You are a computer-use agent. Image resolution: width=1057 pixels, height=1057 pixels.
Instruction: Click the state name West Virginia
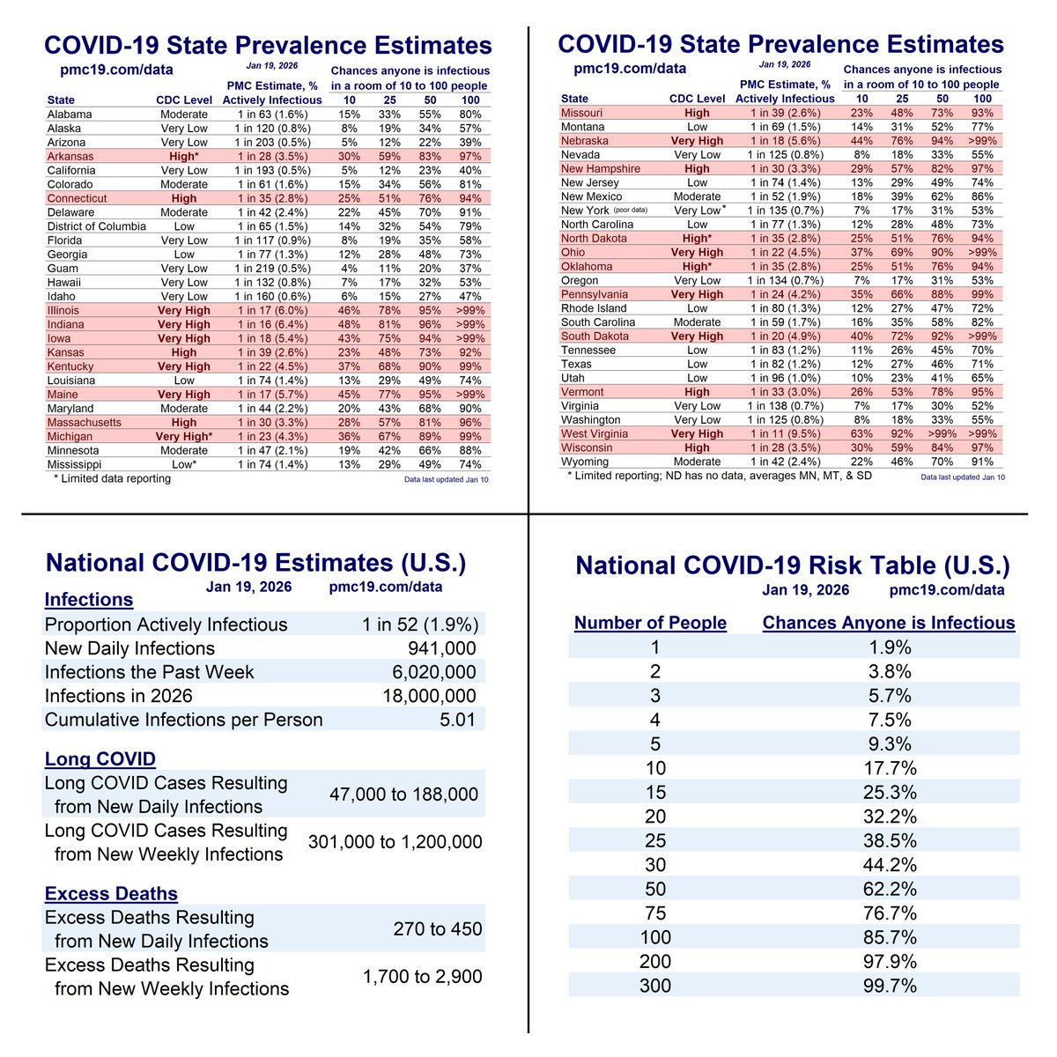click(x=595, y=434)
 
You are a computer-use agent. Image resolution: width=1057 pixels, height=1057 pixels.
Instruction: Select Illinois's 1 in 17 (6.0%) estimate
click(x=271, y=311)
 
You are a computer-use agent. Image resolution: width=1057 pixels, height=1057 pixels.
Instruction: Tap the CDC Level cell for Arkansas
click(x=184, y=157)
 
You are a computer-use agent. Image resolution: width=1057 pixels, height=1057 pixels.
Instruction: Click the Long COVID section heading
click(x=100, y=759)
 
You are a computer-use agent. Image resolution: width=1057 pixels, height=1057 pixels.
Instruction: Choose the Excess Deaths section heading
click(x=111, y=894)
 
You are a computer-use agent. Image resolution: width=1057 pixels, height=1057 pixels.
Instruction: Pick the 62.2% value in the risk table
click(x=888, y=890)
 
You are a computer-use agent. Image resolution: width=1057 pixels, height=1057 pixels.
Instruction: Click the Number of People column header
click(x=650, y=624)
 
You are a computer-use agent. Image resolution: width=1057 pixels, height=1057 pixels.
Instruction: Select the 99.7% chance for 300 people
click(x=888, y=986)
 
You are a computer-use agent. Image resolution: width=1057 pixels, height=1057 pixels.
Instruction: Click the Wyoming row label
click(x=584, y=462)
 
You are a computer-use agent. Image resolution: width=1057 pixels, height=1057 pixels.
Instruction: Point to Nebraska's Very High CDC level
click(x=697, y=141)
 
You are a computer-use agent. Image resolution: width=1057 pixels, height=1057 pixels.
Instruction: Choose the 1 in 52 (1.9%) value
click(x=420, y=625)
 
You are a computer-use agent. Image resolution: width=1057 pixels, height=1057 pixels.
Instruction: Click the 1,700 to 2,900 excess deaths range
click(x=422, y=977)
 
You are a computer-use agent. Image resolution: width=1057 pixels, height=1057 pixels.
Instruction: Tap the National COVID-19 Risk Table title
click(x=793, y=566)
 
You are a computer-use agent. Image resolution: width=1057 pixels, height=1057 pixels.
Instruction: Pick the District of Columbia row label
click(x=96, y=226)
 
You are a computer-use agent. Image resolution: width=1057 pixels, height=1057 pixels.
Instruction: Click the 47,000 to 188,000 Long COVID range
click(x=403, y=795)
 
